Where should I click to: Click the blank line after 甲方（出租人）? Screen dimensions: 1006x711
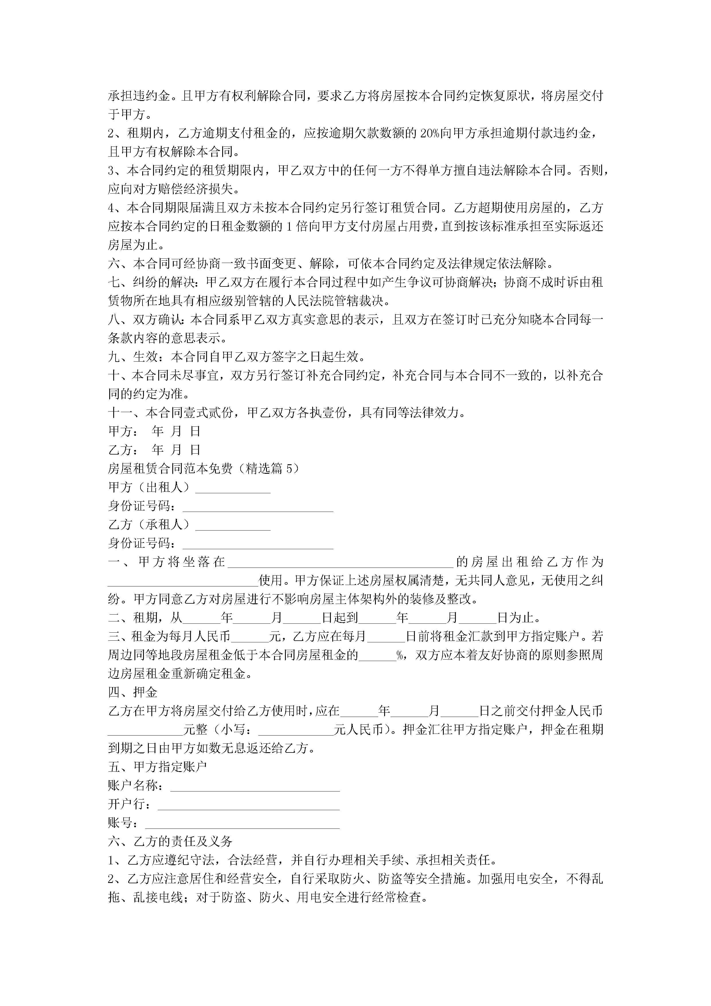point(233,488)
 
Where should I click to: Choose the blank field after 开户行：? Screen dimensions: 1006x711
point(248,805)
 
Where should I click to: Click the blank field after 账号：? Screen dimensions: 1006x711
point(242,823)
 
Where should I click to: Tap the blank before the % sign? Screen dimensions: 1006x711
point(377,656)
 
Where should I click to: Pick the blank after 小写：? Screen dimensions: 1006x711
point(296,730)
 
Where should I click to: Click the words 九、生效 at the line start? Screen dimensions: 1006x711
point(133,357)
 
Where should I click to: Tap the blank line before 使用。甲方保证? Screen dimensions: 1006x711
point(183,581)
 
